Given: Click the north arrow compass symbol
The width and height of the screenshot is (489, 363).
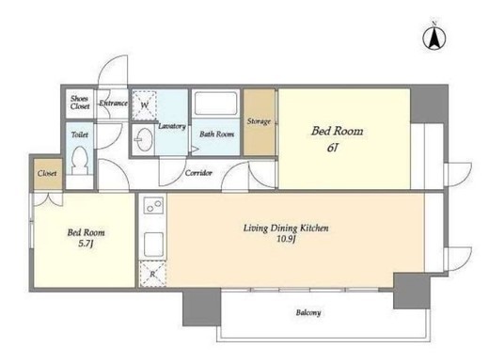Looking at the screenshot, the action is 434,38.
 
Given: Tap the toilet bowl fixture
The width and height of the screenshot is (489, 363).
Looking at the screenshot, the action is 79,160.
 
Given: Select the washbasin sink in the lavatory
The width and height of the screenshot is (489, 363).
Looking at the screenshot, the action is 144,139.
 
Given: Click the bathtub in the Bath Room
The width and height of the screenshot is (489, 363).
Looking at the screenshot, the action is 215,103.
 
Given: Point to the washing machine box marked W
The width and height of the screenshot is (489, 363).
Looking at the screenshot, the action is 144,105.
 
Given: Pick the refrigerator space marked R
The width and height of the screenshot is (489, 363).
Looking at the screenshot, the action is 152,274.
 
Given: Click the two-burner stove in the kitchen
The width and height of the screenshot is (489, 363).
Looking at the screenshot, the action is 153,205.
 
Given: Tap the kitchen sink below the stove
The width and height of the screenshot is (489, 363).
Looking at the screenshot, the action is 153,245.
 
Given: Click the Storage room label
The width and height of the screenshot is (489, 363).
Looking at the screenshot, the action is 259,121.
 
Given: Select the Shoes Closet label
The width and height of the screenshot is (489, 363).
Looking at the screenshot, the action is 80,103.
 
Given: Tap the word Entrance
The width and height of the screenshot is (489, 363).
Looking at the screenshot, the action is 114,103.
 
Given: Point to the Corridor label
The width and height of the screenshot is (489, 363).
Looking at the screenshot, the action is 198,173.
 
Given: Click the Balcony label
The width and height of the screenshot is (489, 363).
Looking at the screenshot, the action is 308,312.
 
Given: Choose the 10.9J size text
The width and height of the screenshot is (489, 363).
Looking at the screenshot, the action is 286,239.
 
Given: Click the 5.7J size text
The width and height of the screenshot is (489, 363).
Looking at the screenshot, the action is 86,244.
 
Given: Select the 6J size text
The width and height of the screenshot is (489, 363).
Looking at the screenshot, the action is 332,148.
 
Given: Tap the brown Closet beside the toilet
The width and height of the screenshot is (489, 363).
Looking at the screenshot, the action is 48,173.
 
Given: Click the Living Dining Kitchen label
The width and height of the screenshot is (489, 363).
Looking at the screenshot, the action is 286,228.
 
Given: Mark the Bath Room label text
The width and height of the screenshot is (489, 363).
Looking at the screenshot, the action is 216,134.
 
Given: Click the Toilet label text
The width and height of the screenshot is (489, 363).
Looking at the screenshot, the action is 80,134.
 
